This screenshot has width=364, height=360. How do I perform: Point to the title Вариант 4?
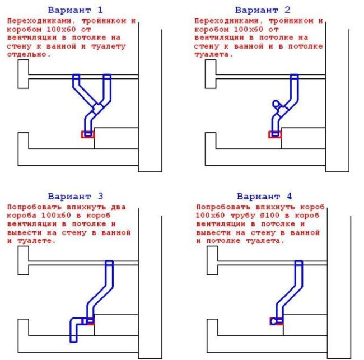click(263, 197)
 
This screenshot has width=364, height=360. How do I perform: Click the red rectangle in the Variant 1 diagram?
click(88, 134)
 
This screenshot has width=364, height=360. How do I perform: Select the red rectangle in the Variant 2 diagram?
click(275, 134)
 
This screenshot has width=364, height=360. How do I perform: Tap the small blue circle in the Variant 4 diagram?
click(273, 322)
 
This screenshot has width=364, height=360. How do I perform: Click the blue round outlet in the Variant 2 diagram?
click(275, 104)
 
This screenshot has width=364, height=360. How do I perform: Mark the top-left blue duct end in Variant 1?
click(76, 76)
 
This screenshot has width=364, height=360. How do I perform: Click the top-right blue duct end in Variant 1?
click(107, 76)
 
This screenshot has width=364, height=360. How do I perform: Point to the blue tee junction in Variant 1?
click(97, 106)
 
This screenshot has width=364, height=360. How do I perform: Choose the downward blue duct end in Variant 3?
click(73, 338)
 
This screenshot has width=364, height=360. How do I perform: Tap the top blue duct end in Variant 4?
click(299, 263)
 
